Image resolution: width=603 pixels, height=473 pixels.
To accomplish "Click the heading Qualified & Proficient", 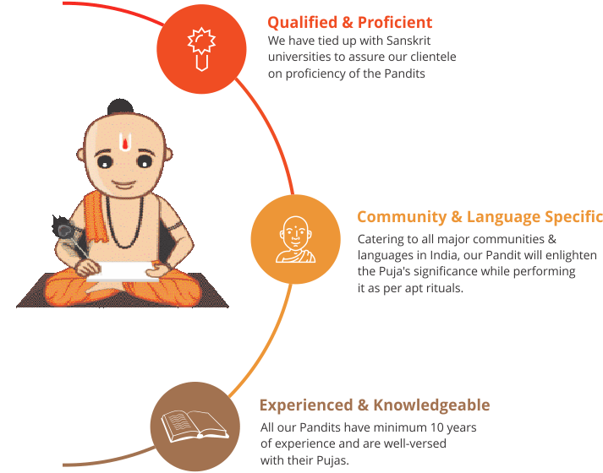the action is click(349, 23).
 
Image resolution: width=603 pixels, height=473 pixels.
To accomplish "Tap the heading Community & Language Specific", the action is click(480, 217).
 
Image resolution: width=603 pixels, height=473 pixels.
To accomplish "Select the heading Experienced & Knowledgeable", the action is click(375, 405).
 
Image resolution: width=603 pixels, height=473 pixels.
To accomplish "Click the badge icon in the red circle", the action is click(201, 49).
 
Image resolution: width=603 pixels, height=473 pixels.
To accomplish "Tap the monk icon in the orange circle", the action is click(295, 240).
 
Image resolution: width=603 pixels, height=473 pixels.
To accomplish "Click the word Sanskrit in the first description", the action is click(408, 41).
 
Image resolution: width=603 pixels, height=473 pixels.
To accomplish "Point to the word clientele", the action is click(433, 57).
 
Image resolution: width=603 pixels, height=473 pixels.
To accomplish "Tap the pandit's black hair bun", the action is click(120, 106).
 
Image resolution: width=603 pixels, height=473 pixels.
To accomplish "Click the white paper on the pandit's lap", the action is click(123, 271).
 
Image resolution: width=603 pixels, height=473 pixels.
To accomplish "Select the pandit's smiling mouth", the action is click(123, 185).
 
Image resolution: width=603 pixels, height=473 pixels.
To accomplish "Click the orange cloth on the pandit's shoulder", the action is click(96, 218).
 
